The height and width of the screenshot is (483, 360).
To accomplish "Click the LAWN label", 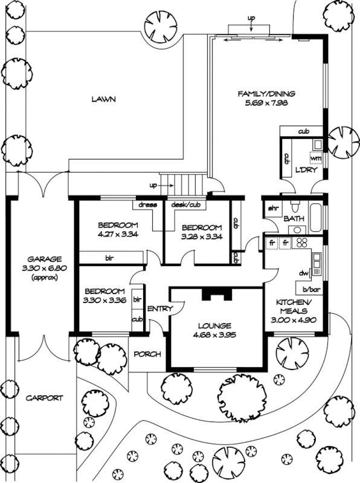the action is point(104,99).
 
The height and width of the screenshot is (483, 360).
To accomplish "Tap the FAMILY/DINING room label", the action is point(266,94).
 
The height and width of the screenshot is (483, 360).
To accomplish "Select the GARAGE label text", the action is point(44,259).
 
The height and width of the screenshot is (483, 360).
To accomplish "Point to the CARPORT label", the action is point(44,398).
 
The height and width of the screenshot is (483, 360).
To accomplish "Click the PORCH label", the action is point(147,354).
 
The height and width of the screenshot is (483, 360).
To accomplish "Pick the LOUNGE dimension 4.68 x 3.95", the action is point(214,335).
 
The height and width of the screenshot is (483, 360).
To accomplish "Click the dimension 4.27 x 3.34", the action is point(118,234).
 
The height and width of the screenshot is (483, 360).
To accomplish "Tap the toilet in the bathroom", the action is point(295,206).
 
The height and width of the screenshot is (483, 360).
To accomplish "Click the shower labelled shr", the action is point(273,208).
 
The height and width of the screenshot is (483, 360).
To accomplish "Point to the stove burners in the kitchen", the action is point(301,243).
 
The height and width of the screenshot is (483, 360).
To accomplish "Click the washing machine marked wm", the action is point(315,158).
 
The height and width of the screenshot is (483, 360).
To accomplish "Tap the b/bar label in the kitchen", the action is point(312,290).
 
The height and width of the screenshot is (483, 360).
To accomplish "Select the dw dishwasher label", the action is point(304,273).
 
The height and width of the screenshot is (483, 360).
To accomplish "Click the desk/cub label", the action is point(185,205).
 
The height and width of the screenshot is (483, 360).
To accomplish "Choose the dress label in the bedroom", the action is point(147,205).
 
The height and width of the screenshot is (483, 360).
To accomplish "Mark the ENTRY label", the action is point(160,309).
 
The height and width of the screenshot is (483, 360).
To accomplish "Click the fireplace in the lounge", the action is point(216,294).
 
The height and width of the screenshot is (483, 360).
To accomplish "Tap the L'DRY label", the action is point(306,170).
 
